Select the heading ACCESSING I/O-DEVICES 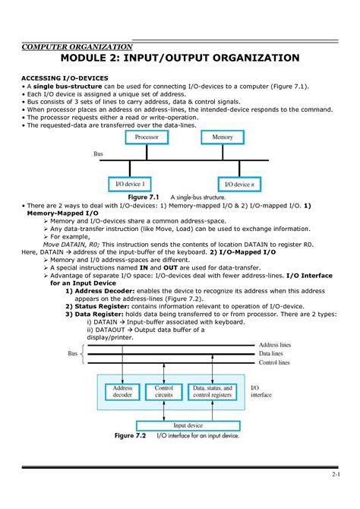(65, 78)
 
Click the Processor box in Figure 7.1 (147, 138)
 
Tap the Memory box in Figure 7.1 (223, 138)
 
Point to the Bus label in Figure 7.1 (98, 153)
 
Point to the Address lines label (275, 345)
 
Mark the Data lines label (272, 354)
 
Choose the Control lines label (274, 363)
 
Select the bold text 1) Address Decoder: (101, 291)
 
